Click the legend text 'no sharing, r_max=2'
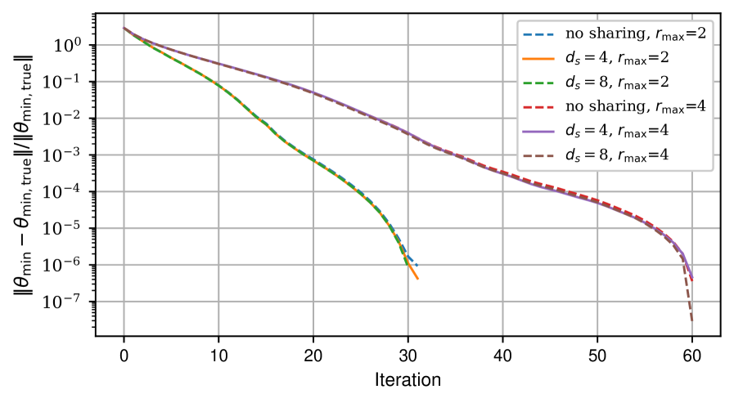point(635,34)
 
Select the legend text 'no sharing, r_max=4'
point(635,106)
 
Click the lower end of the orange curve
point(418,280)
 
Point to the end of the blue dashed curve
point(416,265)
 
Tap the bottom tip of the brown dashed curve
point(692,322)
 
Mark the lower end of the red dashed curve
point(692,282)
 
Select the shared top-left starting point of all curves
point(124,28)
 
